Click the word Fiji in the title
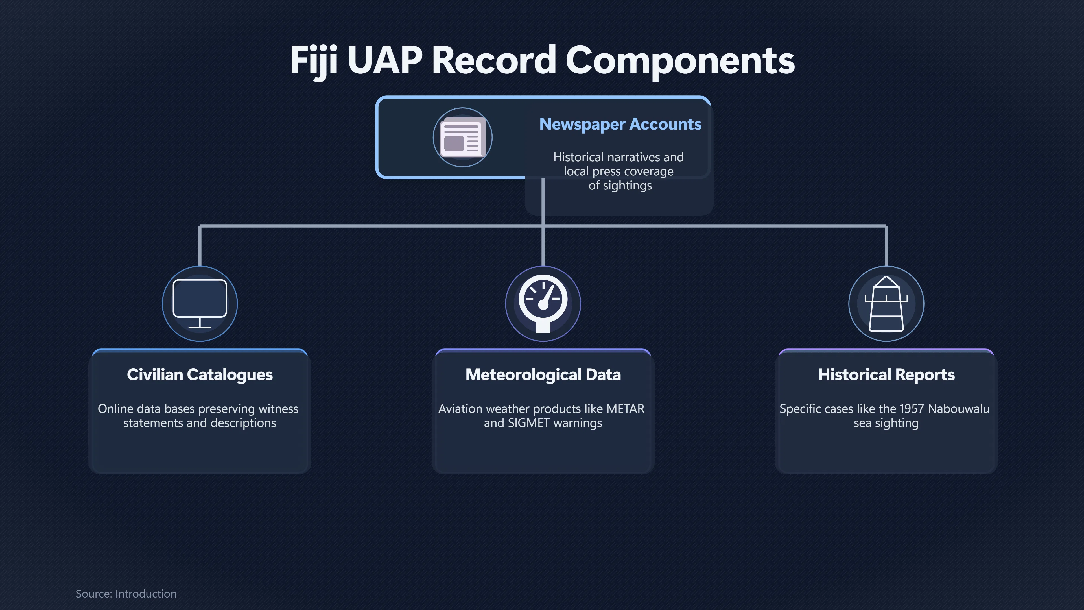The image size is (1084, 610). point(314,61)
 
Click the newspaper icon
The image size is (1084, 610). point(462,137)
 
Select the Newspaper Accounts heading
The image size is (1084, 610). point(620,124)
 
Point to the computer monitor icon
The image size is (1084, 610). point(200,303)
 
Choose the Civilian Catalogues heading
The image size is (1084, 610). point(200,375)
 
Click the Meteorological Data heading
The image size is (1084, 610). point(543,375)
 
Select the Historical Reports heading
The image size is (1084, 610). point(886,375)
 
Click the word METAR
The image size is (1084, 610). point(625,409)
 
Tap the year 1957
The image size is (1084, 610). point(912,409)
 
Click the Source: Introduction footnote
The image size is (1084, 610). point(126,594)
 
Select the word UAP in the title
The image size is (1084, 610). point(385,61)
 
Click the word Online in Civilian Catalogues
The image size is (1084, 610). point(115,409)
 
